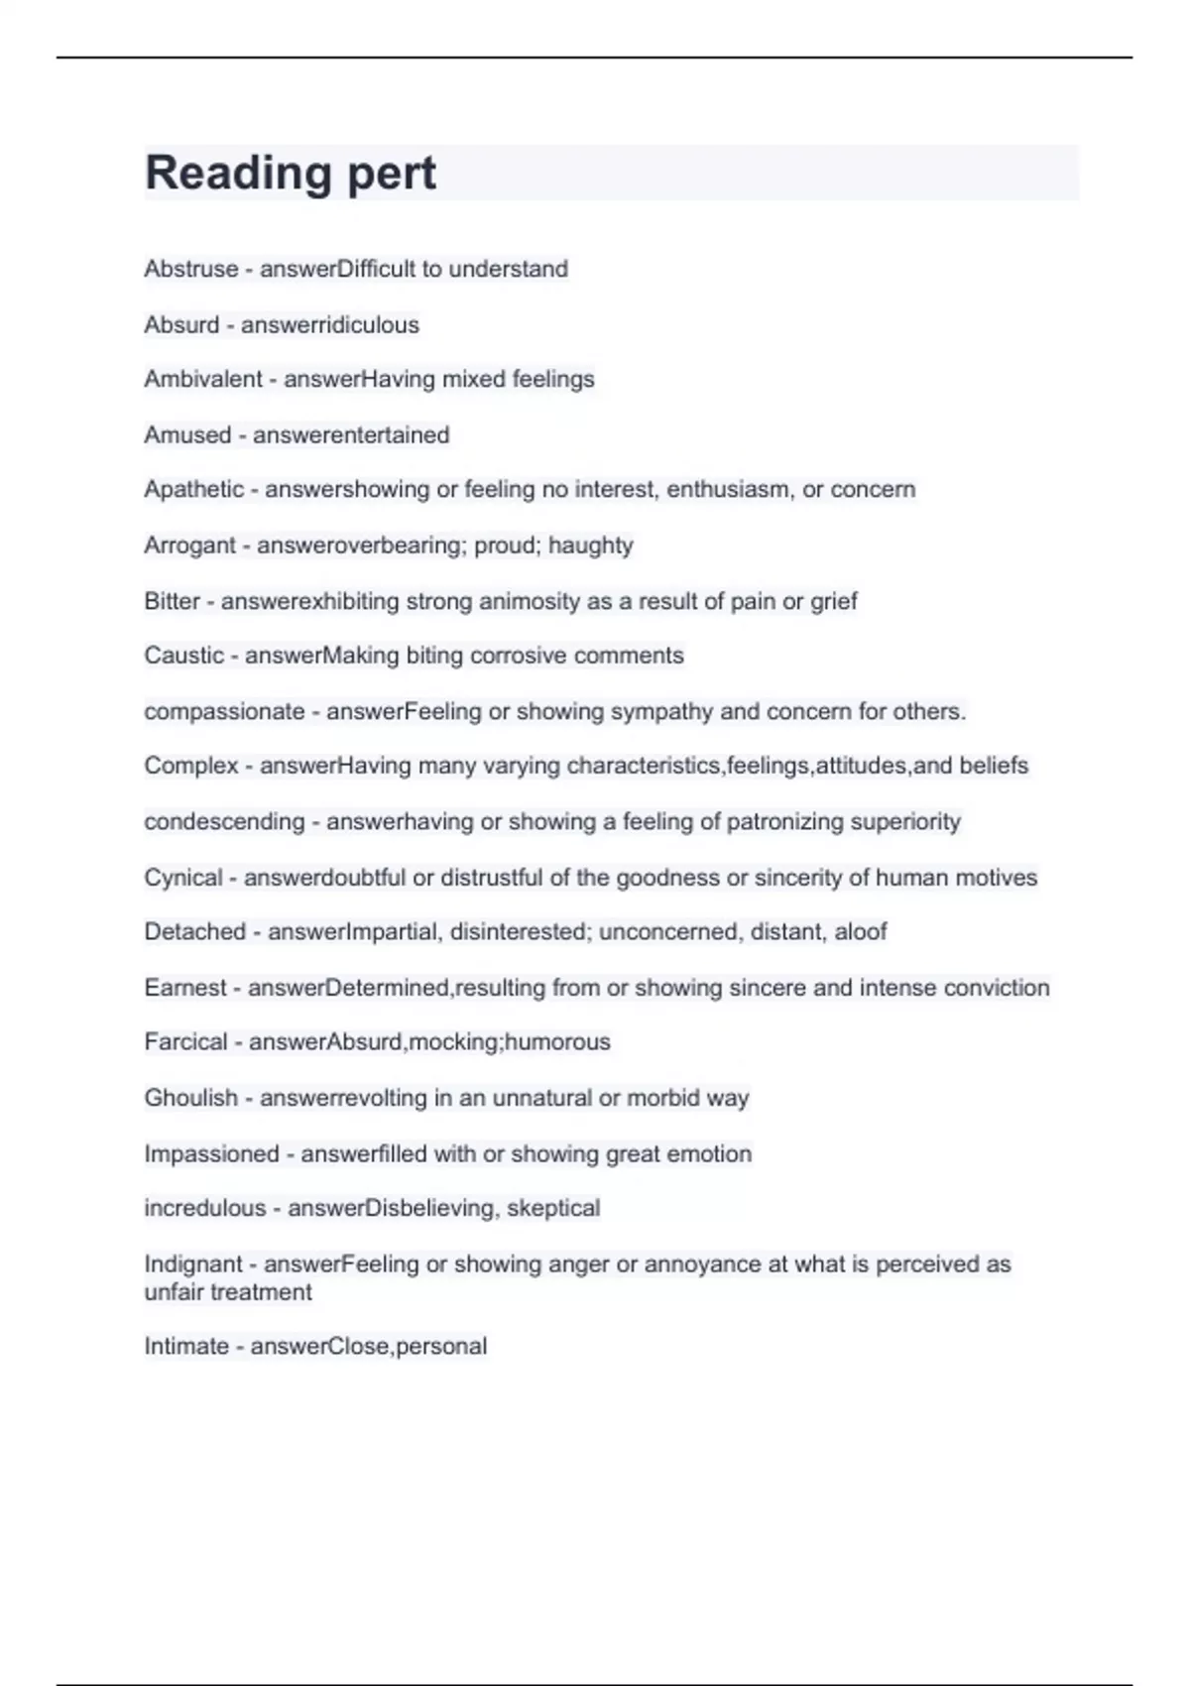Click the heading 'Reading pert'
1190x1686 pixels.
tap(290, 173)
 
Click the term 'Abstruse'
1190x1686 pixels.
tap(191, 269)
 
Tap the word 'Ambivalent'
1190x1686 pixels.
tap(203, 379)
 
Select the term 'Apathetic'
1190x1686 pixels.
tap(193, 489)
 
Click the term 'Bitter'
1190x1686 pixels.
tap(172, 601)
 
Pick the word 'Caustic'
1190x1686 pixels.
tap(183, 656)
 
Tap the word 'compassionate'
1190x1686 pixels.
tap(224, 711)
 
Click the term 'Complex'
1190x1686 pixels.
tap(191, 766)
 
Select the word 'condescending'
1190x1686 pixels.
tap(224, 821)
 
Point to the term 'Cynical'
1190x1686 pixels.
tap(183, 878)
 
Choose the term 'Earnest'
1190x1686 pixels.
tap(185, 988)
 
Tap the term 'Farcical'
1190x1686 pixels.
tap(185, 1041)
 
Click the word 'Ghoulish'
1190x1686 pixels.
tap(190, 1098)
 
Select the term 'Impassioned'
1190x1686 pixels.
tap(211, 1153)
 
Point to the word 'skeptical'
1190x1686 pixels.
tap(553, 1208)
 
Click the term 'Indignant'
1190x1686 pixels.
tap(192, 1264)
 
